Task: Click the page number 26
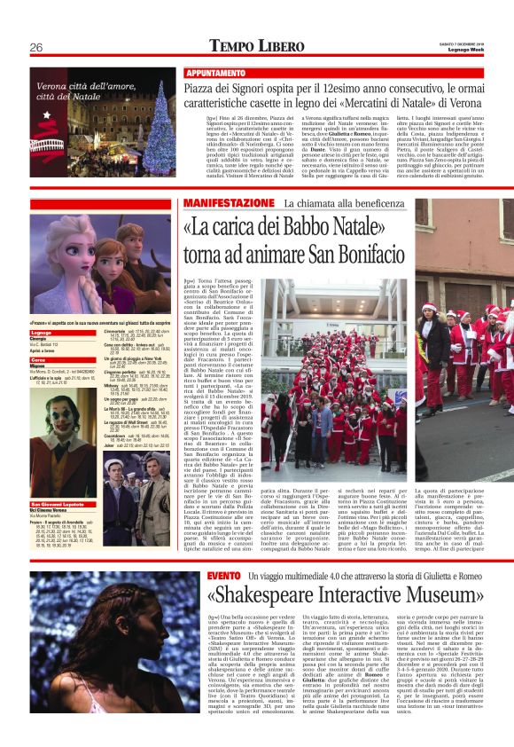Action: click(36, 46)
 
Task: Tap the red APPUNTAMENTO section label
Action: click(215, 72)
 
